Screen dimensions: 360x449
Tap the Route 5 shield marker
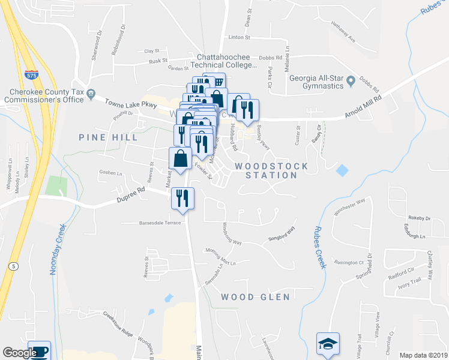click(12, 266)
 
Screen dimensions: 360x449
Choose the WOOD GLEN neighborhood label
click(255, 297)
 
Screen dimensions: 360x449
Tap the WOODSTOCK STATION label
click(271, 170)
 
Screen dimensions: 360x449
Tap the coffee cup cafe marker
click(39, 351)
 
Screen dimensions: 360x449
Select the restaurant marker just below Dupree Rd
click(182, 198)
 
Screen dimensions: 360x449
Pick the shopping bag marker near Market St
click(180, 160)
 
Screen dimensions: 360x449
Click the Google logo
click(20, 353)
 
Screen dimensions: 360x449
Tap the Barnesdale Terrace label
click(160, 222)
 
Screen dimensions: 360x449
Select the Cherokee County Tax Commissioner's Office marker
click(91, 93)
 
